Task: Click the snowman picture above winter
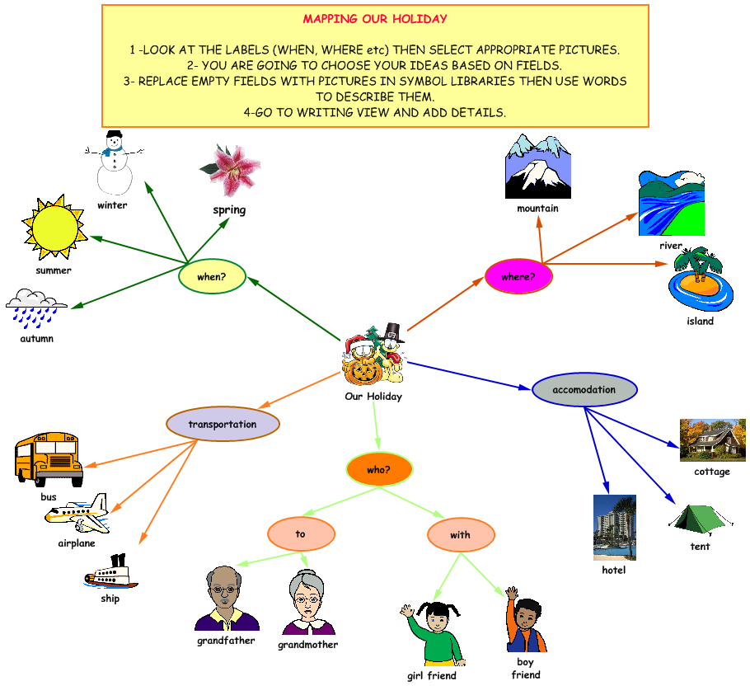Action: point(113,162)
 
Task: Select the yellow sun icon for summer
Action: point(54,227)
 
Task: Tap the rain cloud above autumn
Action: point(36,308)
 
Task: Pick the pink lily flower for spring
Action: point(230,171)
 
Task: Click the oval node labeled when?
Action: point(213,277)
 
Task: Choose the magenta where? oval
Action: point(518,277)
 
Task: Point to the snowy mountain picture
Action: point(537,168)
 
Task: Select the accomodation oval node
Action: point(584,389)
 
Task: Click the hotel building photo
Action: point(614,527)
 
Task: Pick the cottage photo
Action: point(712,439)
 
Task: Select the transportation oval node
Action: point(223,425)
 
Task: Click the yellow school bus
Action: point(49,458)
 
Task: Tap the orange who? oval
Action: point(378,469)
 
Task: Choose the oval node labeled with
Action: point(461,535)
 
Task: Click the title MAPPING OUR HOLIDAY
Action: point(375,19)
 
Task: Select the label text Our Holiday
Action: point(373,397)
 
